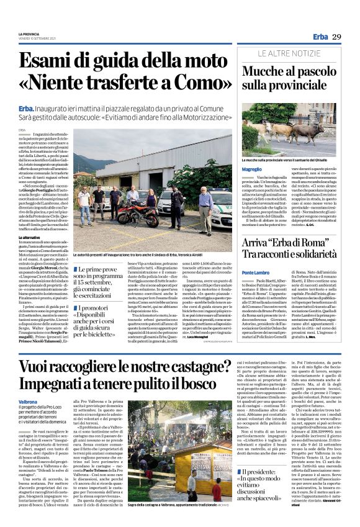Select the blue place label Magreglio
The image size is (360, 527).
pyautogui.click(x=251, y=169)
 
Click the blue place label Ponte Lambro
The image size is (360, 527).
pyautogui.click(x=256, y=273)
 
